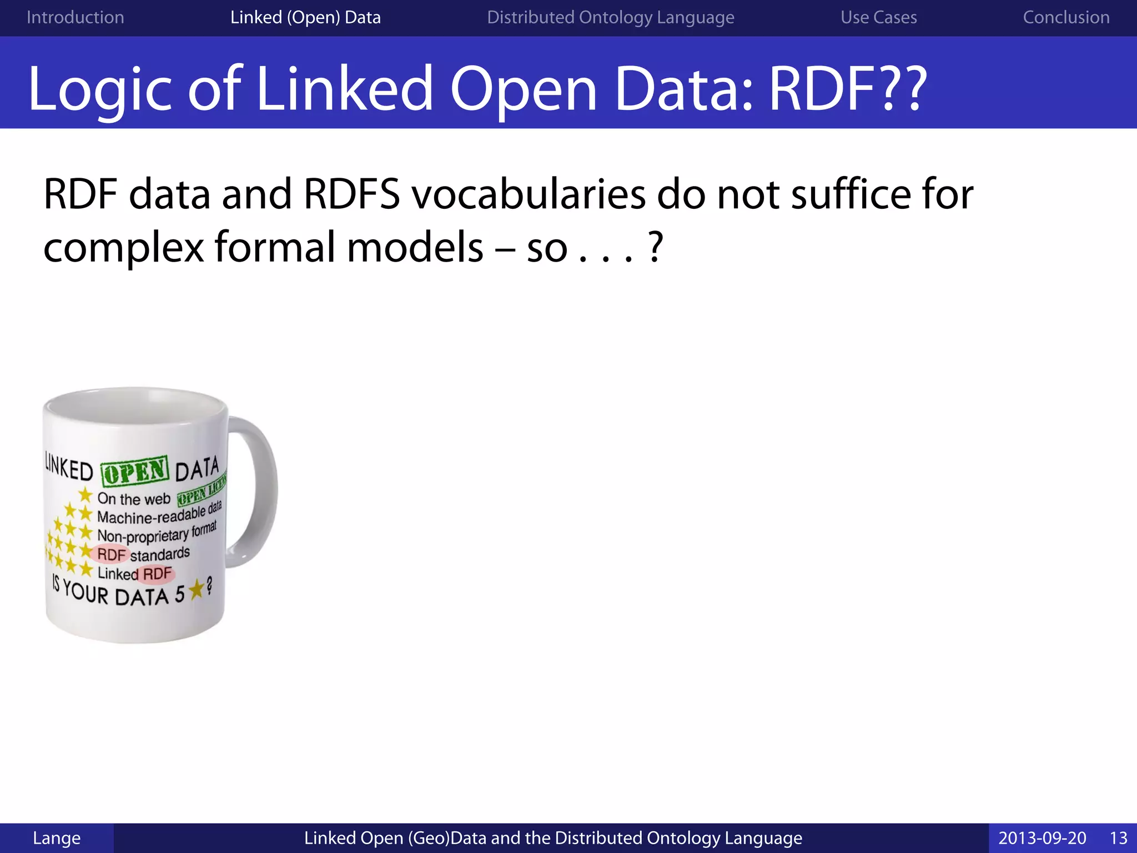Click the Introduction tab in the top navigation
(x=75, y=17)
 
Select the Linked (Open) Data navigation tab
(x=305, y=17)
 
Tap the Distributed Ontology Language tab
(x=610, y=17)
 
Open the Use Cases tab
(x=878, y=17)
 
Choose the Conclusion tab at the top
(x=1066, y=17)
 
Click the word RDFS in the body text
(x=351, y=194)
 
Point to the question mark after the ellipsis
(x=655, y=247)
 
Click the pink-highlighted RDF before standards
(x=112, y=554)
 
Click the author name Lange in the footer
(x=57, y=838)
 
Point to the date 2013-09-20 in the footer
(x=1042, y=838)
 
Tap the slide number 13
(x=1118, y=838)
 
